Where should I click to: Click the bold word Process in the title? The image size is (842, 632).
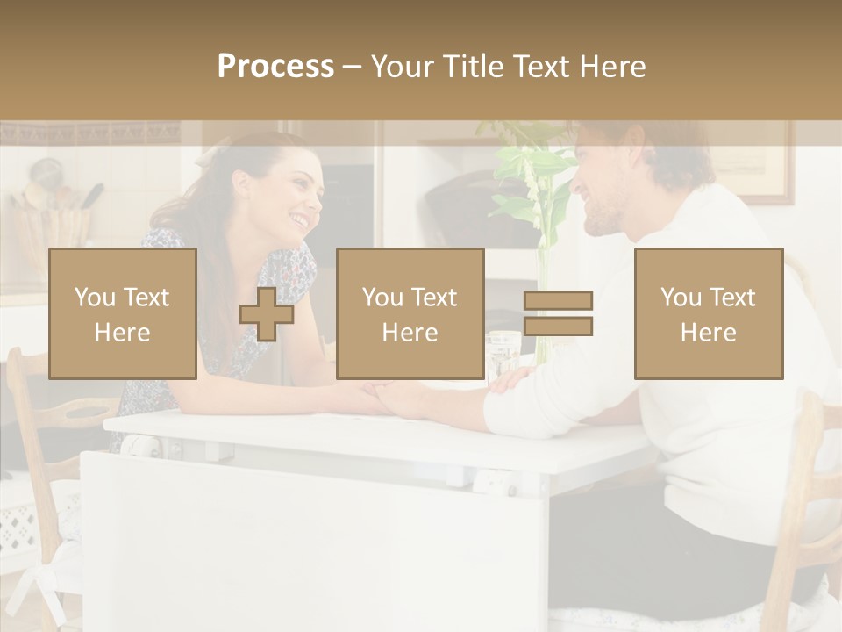[275, 67]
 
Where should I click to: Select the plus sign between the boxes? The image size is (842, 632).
[267, 313]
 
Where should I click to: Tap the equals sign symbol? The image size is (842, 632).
[558, 313]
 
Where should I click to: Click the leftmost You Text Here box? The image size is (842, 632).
[123, 313]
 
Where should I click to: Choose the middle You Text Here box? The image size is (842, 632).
[410, 313]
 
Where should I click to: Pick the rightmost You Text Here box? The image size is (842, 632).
[708, 313]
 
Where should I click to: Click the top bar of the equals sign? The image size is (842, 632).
[558, 300]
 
